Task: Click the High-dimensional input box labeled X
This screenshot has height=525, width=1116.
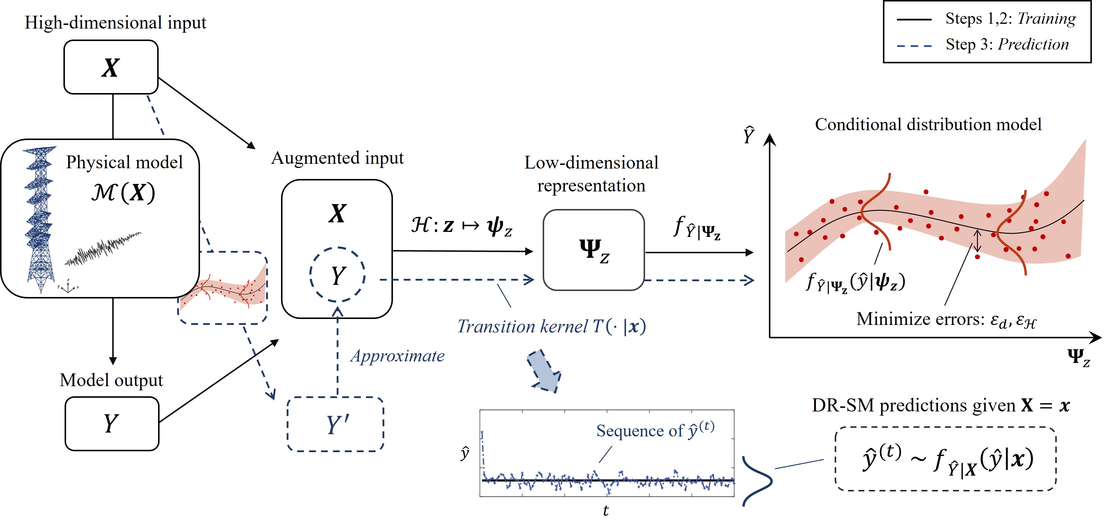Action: click(111, 67)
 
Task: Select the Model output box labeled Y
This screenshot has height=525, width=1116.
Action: click(112, 423)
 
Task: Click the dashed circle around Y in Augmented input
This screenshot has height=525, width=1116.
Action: click(338, 274)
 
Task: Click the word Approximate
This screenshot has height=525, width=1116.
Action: click(397, 356)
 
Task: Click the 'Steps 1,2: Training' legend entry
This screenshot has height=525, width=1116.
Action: click(1010, 19)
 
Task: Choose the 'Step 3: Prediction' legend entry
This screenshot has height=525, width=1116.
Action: click(1007, 44)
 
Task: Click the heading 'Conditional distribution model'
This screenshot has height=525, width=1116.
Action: click(928, 124)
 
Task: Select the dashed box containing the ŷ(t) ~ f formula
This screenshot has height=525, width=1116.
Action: click(945, 459)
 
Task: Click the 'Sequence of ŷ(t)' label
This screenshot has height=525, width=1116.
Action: click(655, 430)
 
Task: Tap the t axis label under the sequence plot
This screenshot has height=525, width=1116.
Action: click(606, 511)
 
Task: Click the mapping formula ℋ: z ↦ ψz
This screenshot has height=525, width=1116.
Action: click(461, 226)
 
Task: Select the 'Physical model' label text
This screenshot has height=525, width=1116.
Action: click(124, 162)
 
